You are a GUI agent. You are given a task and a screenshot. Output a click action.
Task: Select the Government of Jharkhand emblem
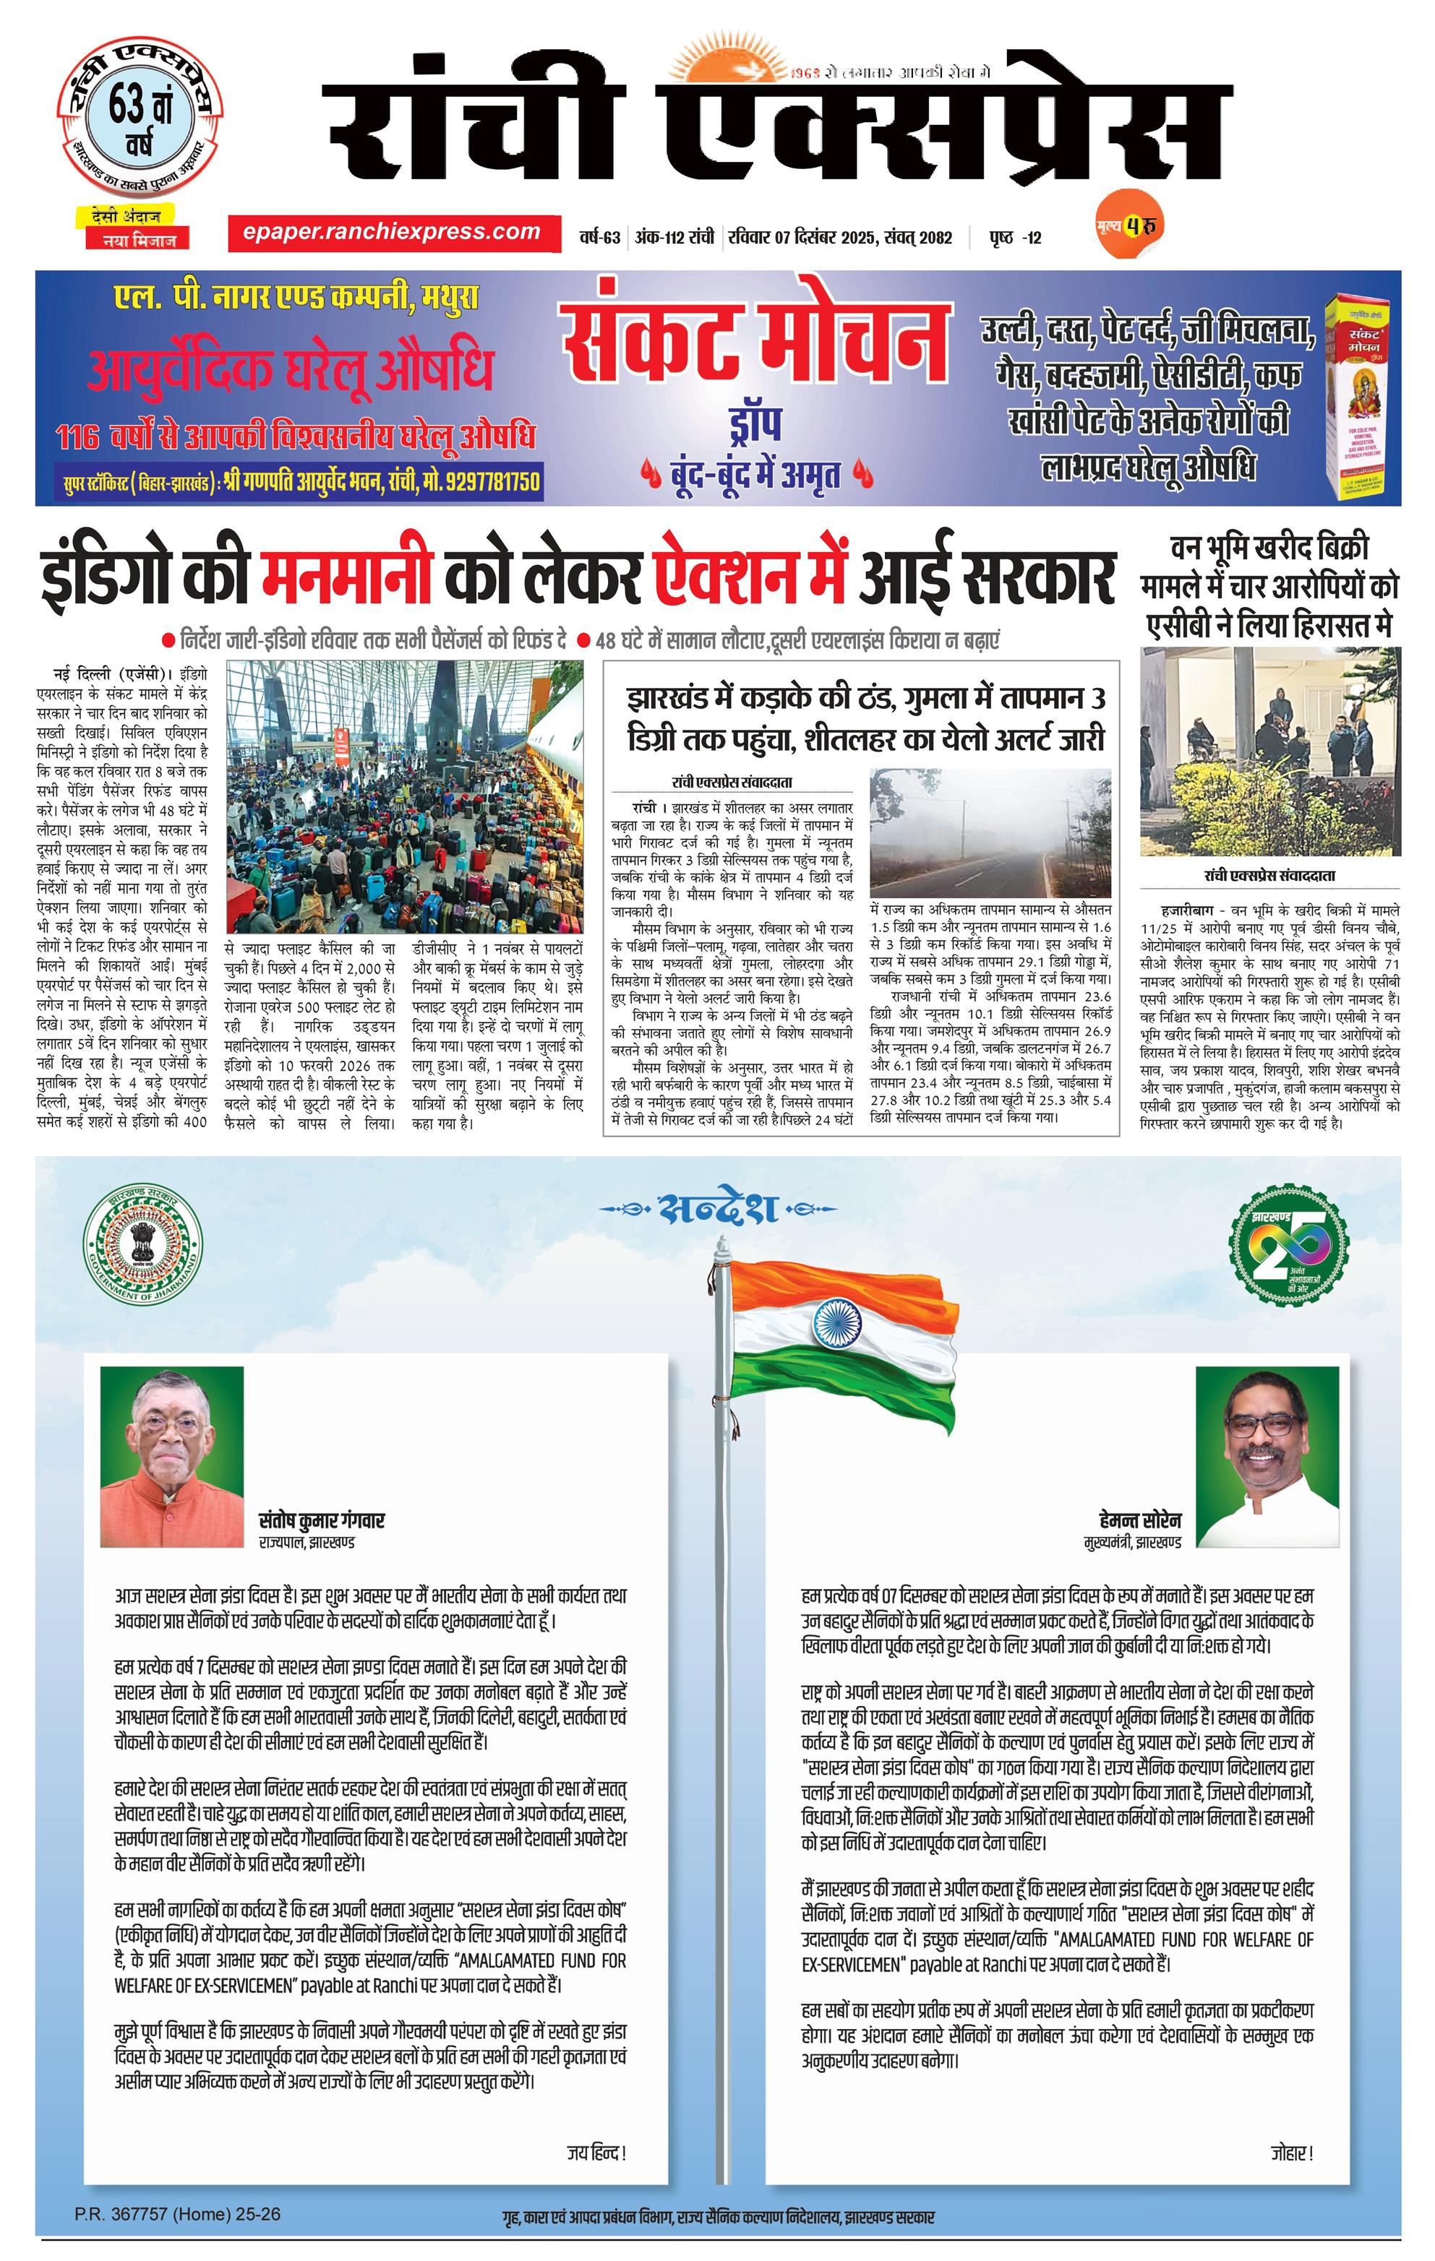(x=142, y=1247)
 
